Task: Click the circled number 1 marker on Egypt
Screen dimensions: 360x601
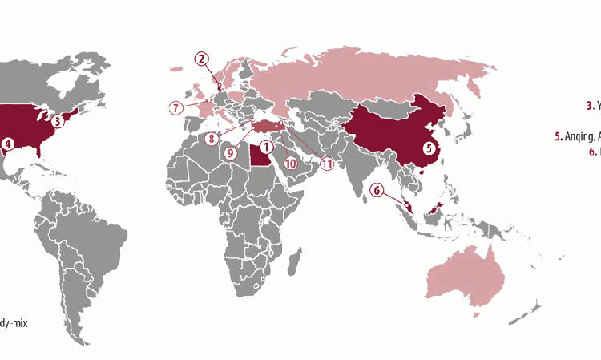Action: click(x=265, y=148)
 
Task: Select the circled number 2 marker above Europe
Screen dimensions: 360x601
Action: click(x=201, y=58)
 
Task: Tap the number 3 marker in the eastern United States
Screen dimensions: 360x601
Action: click(x=58, y=123)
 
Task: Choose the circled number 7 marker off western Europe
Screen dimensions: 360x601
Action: click(x=175, y=107)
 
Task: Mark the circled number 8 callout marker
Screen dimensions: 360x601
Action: click(x=212, y=138)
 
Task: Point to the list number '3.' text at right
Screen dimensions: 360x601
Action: click(x=589, y=104)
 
